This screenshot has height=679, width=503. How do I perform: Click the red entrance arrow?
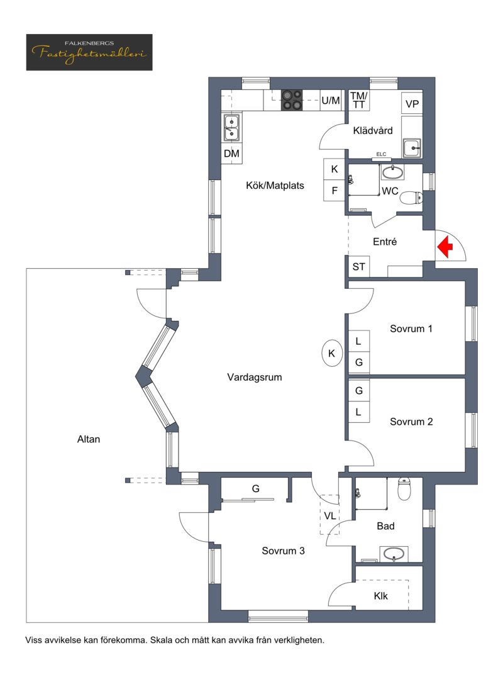(x=445, y=247)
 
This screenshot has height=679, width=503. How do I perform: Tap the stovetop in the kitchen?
(x=292, y=100)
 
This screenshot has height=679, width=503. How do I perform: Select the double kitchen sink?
(x=231, y=128)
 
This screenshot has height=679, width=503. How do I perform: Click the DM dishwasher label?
(x=231, y=154)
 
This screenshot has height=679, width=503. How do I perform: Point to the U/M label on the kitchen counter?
(x=331, y=101)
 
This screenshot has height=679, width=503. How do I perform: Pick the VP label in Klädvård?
(x=412, y=104)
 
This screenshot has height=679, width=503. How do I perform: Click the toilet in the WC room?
(x=411, y=198)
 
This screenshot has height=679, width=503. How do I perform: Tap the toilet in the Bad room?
(x=404, y=488)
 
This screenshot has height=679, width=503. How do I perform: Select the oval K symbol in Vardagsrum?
(x=332, y=353)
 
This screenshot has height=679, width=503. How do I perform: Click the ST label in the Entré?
(x=358, y=267)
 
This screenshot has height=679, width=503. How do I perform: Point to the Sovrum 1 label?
(x=411, y=328)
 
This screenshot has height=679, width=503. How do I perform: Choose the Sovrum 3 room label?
(x=283, y=551)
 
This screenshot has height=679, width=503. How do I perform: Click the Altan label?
(x=88, y=439)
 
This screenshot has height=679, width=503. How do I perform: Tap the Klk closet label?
(x=380, y=596)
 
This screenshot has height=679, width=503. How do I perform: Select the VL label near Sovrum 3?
(x=330, y=516)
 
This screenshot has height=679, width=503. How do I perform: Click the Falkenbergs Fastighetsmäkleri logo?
(x=89, y=52)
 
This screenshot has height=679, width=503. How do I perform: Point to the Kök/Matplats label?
(x=275, y=186)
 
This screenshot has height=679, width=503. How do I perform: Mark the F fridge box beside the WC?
(x=334, y=191)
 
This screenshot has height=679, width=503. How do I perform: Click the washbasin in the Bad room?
(x=394, y=554)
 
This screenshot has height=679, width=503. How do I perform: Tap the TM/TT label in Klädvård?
(x=358, y=100)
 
